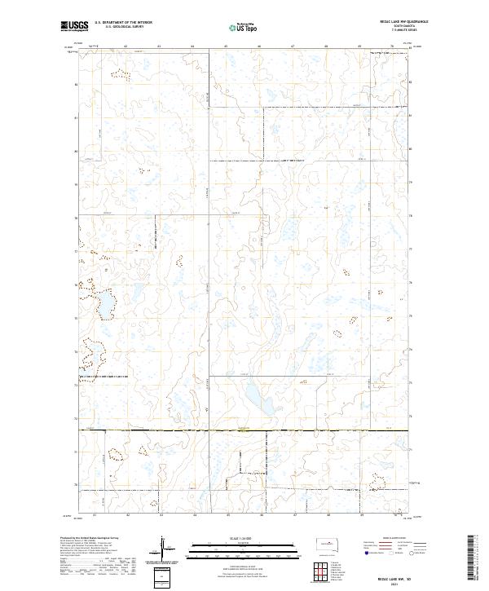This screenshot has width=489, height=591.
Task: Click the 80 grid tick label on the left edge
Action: coord(77,151)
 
